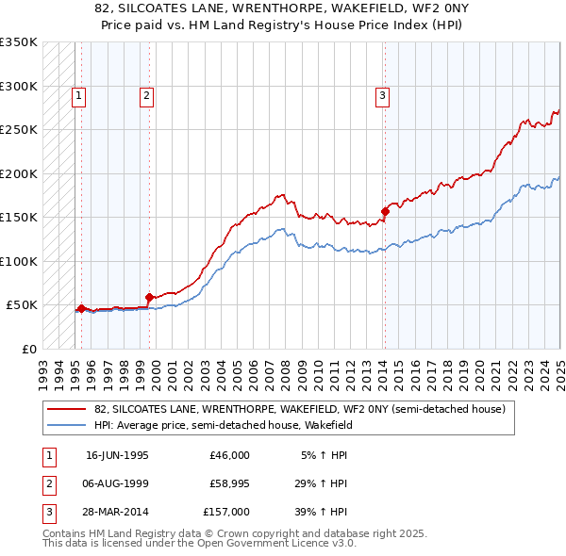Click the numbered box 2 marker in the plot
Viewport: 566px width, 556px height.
[147, 94]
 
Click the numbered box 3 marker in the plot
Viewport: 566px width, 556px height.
[383, 94]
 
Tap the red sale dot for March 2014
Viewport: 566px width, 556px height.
[385, 211]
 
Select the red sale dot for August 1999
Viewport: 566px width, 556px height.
[149, 297]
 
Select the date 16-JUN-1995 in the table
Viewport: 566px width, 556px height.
[117, 455]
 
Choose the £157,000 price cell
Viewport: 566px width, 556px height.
[226, 512]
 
